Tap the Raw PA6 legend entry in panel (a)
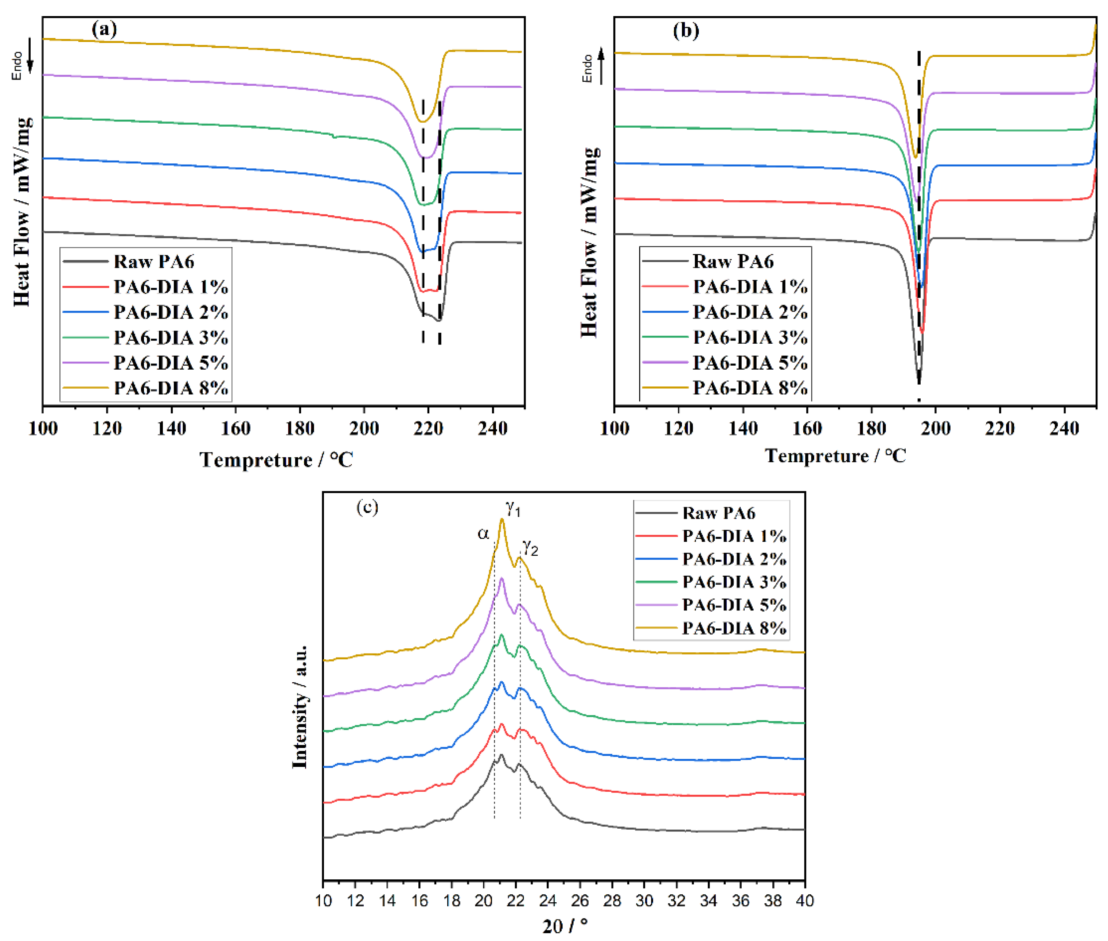click(x=153, y=261)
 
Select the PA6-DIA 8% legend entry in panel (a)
click(x=171, y=388)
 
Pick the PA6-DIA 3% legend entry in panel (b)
click(x=749, y=337)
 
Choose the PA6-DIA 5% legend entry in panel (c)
click(x=734, y=605)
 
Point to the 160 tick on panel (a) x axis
click(x=235, y=428)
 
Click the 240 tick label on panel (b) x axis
click(x=1064, y=428)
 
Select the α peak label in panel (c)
click(x=483, y=533)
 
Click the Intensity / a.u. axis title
click(x=300, y=707)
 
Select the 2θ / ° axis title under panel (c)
click(x=565, y=926)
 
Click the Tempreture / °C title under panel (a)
click(x=276, y=460)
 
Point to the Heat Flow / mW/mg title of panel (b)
click(x=589, y=243)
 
